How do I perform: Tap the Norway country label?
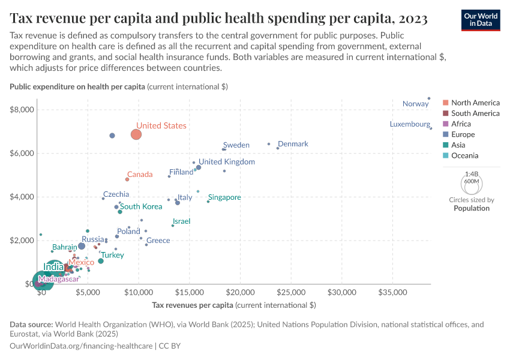pyautogui.click(x=415, y=104)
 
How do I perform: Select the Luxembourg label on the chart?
pyautogui.click(x=410, y=125)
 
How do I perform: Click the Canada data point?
pyautogui.click(x=127, y=179)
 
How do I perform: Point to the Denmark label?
pyautogui.click(x=293, y=144)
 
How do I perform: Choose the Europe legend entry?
pyautogui.click(x=463, y=134)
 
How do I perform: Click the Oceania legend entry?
pyautogui.click(x=464, y=155)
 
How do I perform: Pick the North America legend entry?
pyautogui.click(x=475, y=103)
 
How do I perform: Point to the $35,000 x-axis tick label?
pyautogui.click(x=393, y=292)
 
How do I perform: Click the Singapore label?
pyautogui.click(x=224, y=197)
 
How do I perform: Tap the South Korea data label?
pyautogui.click(x=141, y=206)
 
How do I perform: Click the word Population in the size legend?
pyautogui.click(x=471, y=208)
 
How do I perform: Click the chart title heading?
pyautogui.click(x=218, y=19)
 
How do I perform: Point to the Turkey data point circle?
pyautogui.click(x=101, y=261)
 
